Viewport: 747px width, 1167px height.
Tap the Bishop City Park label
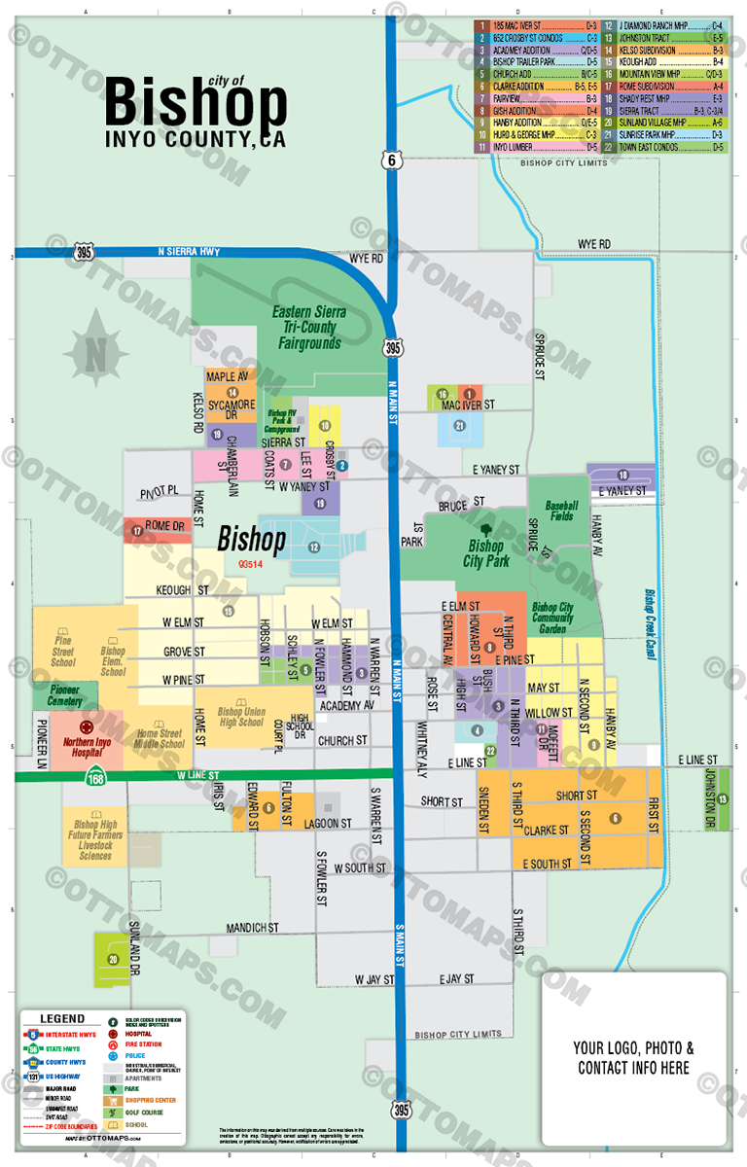click(x=486, y=553)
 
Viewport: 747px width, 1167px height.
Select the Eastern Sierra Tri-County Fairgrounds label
click(x=308, y=328)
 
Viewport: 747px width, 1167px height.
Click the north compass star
click(x=96, y=350)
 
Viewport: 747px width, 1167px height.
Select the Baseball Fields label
click(x=561, y=512)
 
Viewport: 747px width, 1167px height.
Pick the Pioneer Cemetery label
click(x=65, y=694)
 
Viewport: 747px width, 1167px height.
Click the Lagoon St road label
click(x=327, y=823)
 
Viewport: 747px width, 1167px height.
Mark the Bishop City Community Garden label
click(x=552, y=618)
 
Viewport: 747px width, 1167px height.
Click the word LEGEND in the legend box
click(x=54, y=1019)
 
